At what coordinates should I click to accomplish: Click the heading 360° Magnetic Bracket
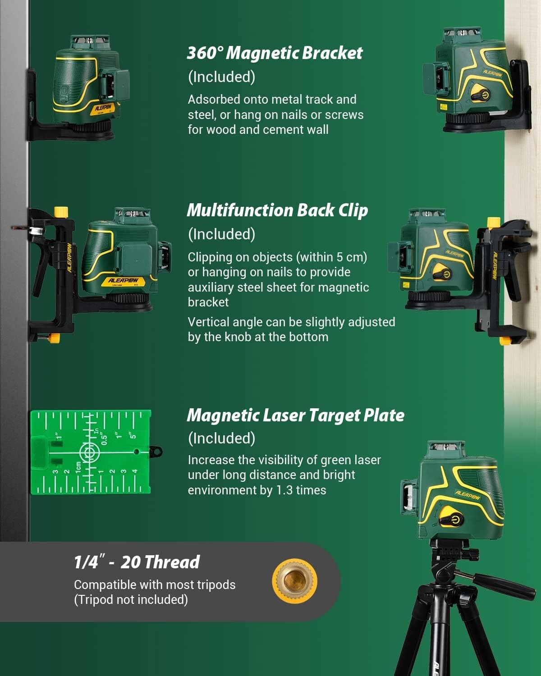tap(275, 53)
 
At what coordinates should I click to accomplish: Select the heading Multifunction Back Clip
tap(277, 210)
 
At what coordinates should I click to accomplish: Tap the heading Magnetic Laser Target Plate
tap(295, 416)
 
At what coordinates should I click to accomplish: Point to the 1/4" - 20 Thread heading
tap(137, 562)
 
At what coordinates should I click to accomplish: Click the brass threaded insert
tap(294, 580)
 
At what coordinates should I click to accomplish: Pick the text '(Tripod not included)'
tap(131, 600)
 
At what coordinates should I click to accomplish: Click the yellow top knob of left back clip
tap(61, 211)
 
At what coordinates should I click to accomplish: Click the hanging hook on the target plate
tap(156, 451)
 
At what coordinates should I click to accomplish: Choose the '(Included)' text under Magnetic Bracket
tap(221, 77)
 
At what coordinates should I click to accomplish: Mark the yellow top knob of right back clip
tap(494, 222)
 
